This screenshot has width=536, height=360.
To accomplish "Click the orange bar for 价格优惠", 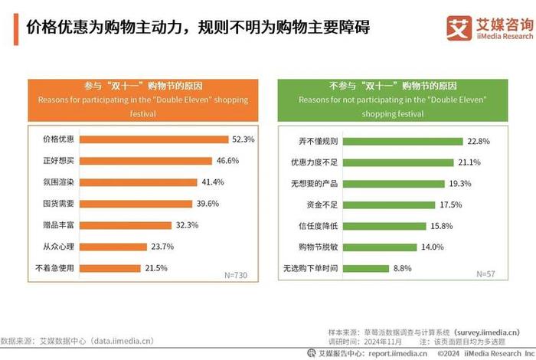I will pos(154,140).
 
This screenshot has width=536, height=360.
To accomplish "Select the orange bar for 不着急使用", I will pos(110,268).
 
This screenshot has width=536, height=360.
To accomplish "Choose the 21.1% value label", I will pos(470,162).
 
